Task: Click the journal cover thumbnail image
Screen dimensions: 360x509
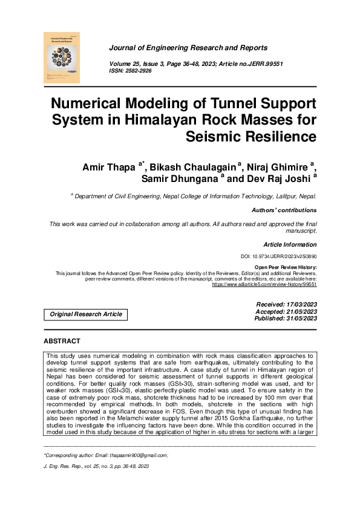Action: pyautogui.click(x=62, y=57)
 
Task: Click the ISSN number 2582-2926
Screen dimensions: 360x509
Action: pyautogui.click(x=139, y=71)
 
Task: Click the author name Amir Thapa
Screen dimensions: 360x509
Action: pyautogui.click(x=109, y=167)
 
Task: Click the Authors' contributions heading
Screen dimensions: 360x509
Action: pyautogui.click(x=284, y=210)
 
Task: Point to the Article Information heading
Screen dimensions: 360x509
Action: pyautogui.click(x=290, y=245)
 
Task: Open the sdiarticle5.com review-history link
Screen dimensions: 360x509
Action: pyautogui.click(x=264, y=284)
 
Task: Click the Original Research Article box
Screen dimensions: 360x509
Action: pyautogui.click(x=86, y=314)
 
